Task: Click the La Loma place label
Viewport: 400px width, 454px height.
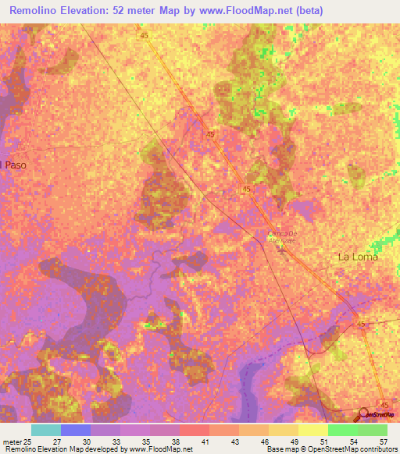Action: tap(357, 257)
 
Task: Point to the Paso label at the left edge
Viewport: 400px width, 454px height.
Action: tap(13, 165)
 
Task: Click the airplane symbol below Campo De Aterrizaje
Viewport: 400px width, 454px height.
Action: tap(280, 249)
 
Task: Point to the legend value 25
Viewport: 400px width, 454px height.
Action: tap(27, 441)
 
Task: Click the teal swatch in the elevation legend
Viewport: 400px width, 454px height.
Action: tap(45, 430)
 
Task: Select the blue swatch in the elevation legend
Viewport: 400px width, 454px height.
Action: tap(76, 430)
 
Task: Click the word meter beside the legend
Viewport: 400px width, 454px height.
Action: tap(11, 441)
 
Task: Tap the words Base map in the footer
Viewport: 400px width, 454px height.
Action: tap(281, 449)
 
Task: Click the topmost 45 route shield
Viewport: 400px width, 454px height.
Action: tap(145, 36)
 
